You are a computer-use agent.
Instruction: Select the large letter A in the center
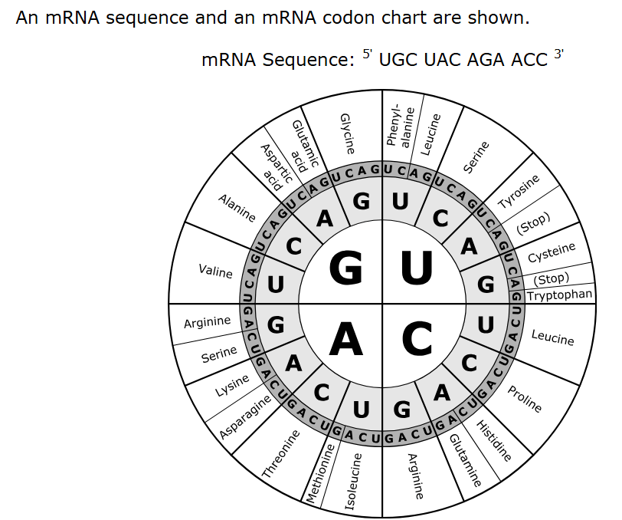[345, 338]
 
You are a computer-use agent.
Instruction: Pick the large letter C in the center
[417, 338]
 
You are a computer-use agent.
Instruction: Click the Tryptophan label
[560, 295]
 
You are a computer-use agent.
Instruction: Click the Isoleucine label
[352, 482]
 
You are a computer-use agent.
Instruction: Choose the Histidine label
[494, 440]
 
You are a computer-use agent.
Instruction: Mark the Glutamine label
[464, 459]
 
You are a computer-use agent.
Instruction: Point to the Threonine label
[280, 455]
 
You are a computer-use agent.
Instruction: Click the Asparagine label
[246, 418]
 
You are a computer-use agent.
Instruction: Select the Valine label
[215, 271]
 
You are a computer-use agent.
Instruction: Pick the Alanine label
[237, 208]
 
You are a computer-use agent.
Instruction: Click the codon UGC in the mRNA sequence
[397, 60]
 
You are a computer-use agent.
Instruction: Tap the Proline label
[525, 398]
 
